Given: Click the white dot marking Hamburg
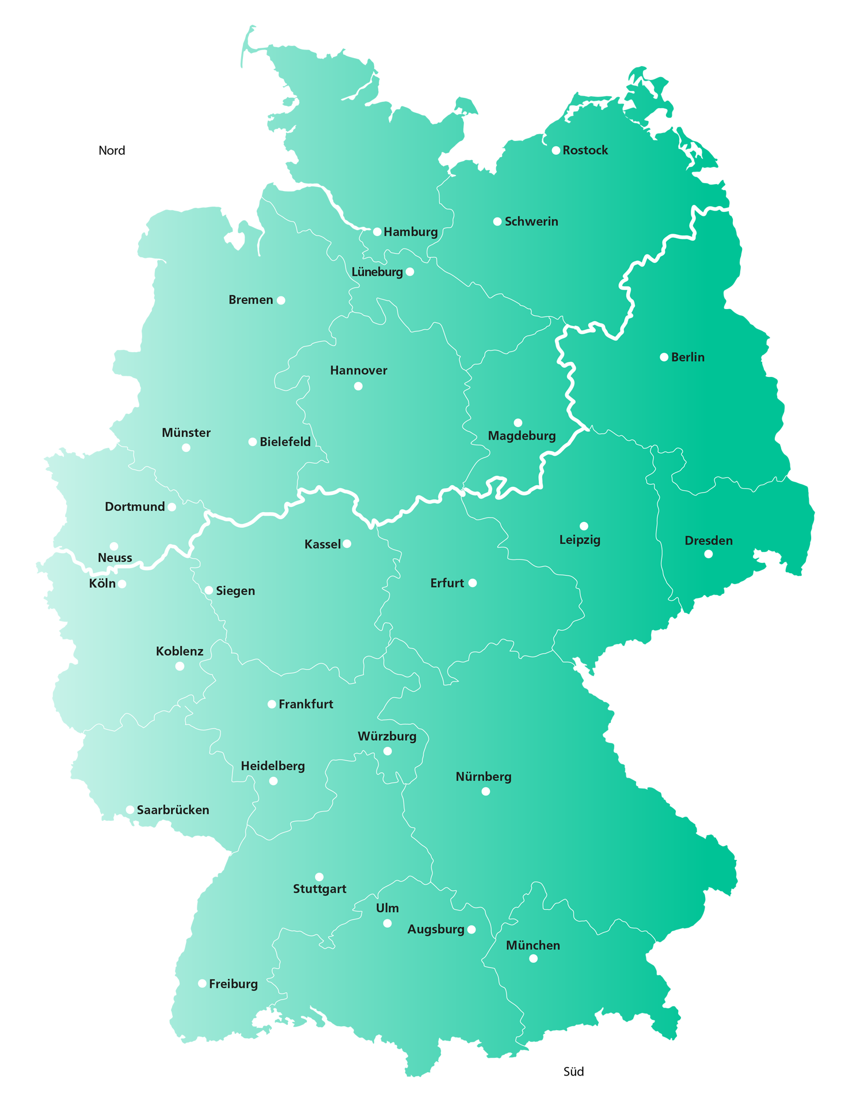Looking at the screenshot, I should (x=377, y=232).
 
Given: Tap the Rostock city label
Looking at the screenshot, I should (x=585, y=150).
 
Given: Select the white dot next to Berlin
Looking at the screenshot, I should (x=664, y=357).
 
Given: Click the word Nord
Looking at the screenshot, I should (x=112, y=151).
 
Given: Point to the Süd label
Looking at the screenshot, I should (x=573, y=1072).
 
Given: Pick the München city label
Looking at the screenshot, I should (x=532, y=946).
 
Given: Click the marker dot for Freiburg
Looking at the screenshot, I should (x=202, y=984).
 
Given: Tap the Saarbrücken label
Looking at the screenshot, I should (x=173, y=810).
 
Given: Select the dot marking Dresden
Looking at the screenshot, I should (x=708, y=554).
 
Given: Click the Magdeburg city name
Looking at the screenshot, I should (x=522, y=436).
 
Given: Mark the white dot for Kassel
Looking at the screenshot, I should (x=347, y=544).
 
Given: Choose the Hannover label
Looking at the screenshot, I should (x=359, y=371).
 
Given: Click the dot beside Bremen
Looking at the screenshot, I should (x=281, y=300).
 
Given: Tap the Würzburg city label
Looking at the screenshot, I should (x=387, y=737).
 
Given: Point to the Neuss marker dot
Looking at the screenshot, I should (x=114, y=546).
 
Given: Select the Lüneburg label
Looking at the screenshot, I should (x=377, y=272).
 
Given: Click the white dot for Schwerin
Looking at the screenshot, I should (x=497, y=222).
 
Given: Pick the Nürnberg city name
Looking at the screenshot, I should (x=484, y=777).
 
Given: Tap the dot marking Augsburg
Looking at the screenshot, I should (x=471, y=929).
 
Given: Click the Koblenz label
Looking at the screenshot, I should (x=180, y=651).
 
